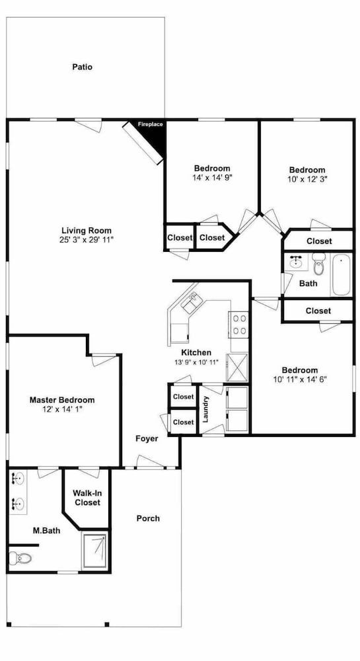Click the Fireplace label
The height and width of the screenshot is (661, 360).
[151, 124]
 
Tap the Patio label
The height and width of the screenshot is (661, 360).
[82, 67]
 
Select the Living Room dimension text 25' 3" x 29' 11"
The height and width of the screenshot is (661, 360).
[87, 239]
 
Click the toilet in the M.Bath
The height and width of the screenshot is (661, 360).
[20, 559]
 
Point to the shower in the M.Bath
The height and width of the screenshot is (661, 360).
[94, 551]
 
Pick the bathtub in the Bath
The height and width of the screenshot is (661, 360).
[342, 274]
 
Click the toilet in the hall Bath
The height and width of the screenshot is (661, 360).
[318, 264]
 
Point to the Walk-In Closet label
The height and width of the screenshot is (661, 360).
[87, 498]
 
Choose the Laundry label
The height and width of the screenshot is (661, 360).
[206, 409]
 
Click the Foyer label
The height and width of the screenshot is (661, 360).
[147, 439]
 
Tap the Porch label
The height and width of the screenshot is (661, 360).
[148, 518]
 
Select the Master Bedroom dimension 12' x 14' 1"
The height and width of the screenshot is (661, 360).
[62, 409]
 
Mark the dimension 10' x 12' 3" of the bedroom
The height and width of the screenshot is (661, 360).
[307, 178]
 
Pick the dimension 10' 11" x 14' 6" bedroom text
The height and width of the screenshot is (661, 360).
[300, 379]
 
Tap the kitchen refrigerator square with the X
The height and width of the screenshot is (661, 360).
[238, 367]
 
